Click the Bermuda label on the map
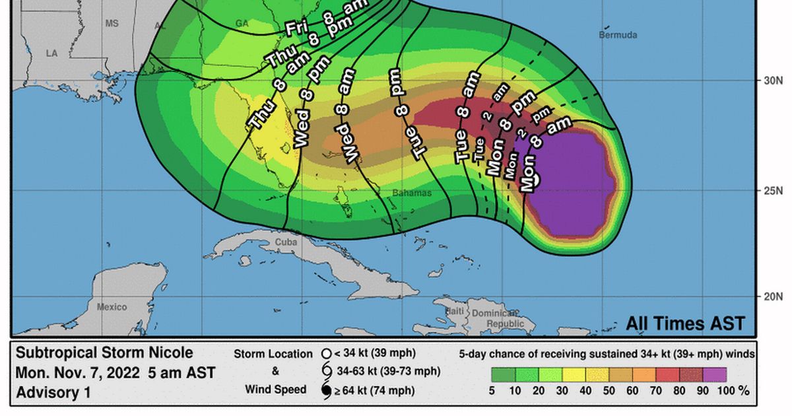[618, 35]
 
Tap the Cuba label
[286, 242]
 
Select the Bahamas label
[411, 193]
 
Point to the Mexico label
[112, 306]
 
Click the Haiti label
[455, 310]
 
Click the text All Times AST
[685, 324]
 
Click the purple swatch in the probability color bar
[714, 375]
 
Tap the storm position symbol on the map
[536, 175]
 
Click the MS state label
[112, 23]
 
